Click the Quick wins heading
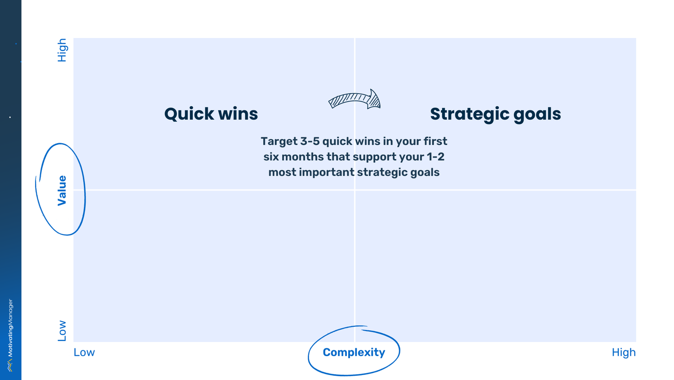[x=211, y=114]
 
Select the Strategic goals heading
[x=495, y=114]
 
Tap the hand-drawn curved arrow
[x=355, y=99]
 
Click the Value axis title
[x=62, y=190]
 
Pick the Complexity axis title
[x=354, y=352]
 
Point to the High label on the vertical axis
[x=62, y=50]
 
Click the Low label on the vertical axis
[x=62, y=330]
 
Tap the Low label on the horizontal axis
[x=84, y=352]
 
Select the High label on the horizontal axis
[x=623, y=352]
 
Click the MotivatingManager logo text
[x=10, y=328]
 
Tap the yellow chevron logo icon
[x=10, y=365]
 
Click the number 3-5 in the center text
[x=310, y=141]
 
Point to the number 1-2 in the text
[x=435, y=157]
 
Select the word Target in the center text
[x=279, y=141]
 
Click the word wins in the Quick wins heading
[x=238, y=114]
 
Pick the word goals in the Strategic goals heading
[x=537, y=114]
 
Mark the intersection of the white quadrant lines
[x=355, y=190]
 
